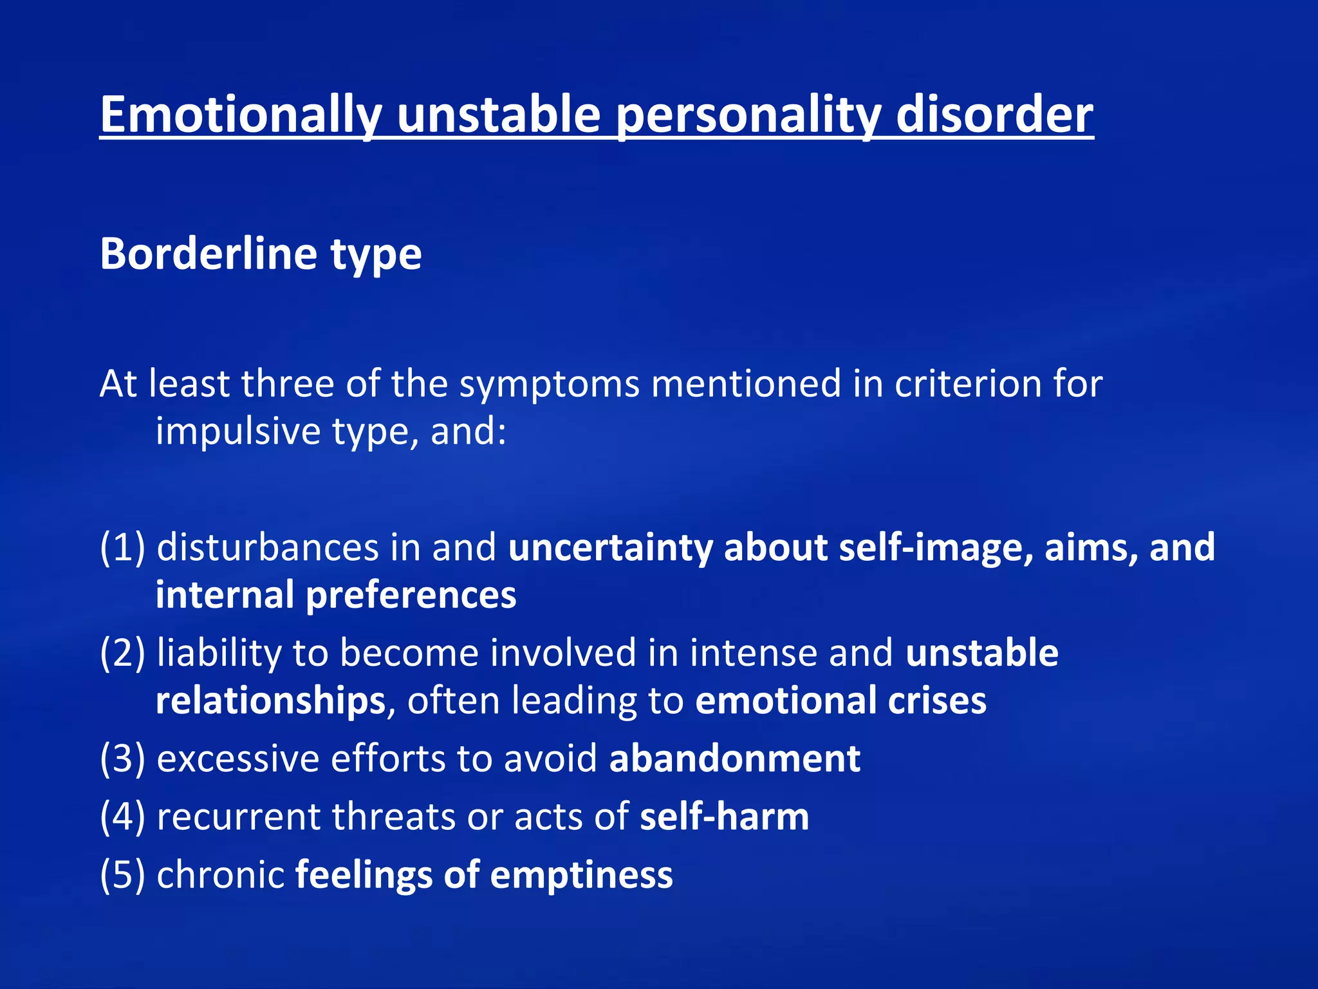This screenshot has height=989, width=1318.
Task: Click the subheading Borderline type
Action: click(261, 254)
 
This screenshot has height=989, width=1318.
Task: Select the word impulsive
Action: click(238, 431)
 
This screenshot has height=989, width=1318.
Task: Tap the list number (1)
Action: click(122, 547)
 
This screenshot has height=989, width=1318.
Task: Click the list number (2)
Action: click(122, 653)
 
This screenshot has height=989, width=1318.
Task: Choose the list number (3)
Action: click(122, 758)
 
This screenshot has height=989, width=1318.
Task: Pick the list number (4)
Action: click(122, 816)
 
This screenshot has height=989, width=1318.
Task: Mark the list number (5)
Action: click(122, 875)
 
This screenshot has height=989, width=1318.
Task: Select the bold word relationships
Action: click(270, 701)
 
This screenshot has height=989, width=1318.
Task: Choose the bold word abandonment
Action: click(734, 758)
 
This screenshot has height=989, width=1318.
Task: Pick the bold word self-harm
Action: click(724, 816)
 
